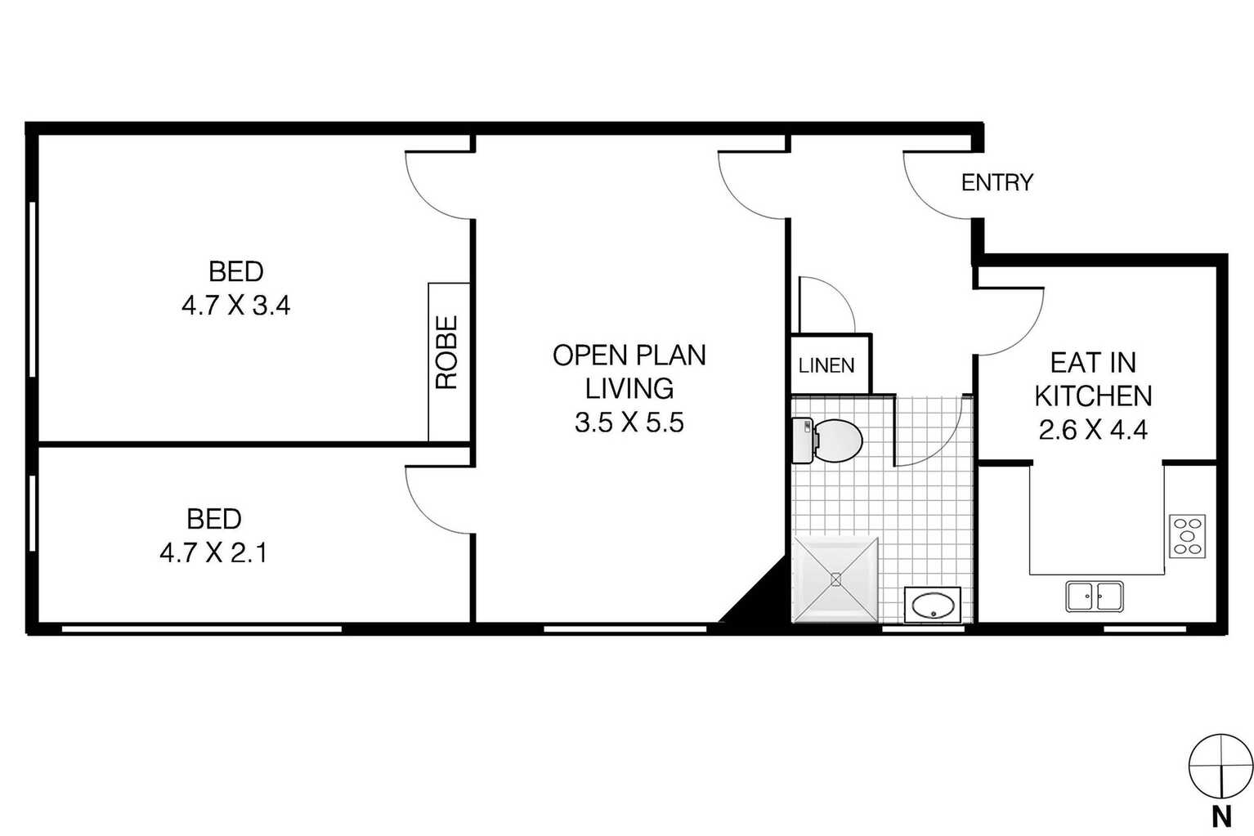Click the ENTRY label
point(997,182)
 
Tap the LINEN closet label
point(826,366)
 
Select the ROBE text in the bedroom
point(446,352)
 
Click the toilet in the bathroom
point(827,440)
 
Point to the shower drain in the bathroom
point(835,579)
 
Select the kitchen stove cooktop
point(1188,536)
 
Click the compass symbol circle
point(1221,766)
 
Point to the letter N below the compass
point(1221,817)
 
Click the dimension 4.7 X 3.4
point(235,306)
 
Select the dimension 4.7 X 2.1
point(213,553)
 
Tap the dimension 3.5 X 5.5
point(629,422)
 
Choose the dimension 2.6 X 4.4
point(1093,430)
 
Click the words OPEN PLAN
point(629,355)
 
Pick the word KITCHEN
point(1093,396)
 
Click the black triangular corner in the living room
point(767,599)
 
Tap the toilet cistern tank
point(803,440)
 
